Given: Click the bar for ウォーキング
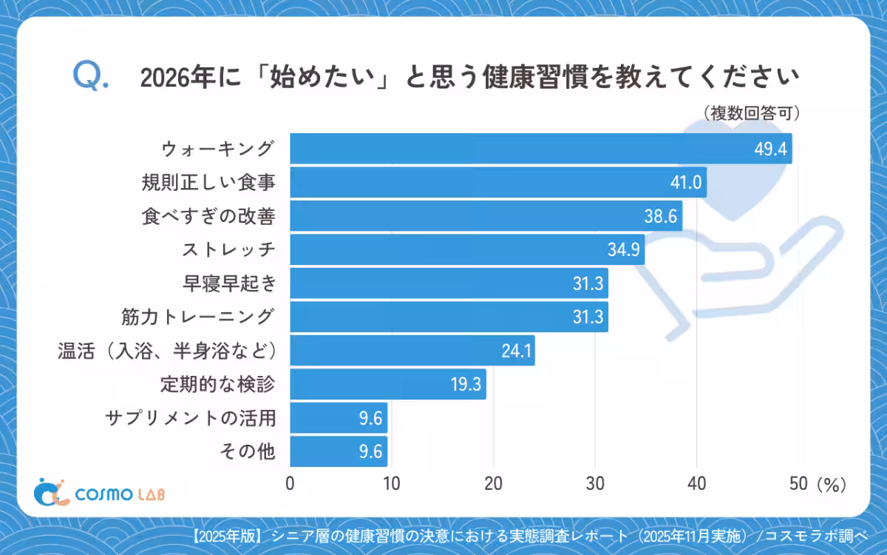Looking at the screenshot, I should coord(540,149).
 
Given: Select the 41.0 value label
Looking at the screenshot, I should coord(685,183).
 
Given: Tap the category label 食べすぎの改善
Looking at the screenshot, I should coord(208,217).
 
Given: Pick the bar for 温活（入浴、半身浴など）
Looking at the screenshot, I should coord(412,351).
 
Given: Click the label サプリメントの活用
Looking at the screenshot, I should coord(191,418).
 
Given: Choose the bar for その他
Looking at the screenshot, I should coord(339,451).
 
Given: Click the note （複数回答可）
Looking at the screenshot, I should coord(751,113).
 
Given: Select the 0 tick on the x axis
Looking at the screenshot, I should coord(290,484).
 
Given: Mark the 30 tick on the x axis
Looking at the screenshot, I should coord(595,484).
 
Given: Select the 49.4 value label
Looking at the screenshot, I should coord(771,149).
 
